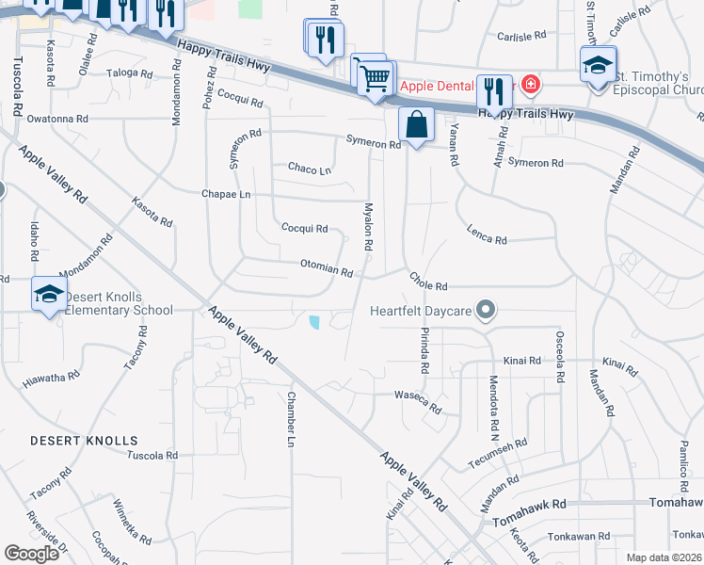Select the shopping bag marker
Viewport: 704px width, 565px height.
coord(415,124)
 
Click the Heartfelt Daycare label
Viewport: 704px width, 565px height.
coord(421,310)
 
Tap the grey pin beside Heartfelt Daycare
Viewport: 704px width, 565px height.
coord(486,309)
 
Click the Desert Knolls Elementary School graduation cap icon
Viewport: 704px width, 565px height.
coord(49,295)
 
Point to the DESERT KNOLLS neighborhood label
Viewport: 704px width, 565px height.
coord(84,441)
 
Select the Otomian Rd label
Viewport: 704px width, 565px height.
coord(327,268)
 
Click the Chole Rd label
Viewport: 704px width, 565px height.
coord(427,282)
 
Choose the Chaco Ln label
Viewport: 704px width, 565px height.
coord(310,169)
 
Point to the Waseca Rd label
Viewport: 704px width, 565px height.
coord(418,401)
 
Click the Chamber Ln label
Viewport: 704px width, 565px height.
coord(291,419)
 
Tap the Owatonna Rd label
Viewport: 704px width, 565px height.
coord(56,120)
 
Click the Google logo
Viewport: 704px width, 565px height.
coord(31,554)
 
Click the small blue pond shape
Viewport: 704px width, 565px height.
coord(313,323)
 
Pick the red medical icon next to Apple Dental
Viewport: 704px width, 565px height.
coord(531,85)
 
